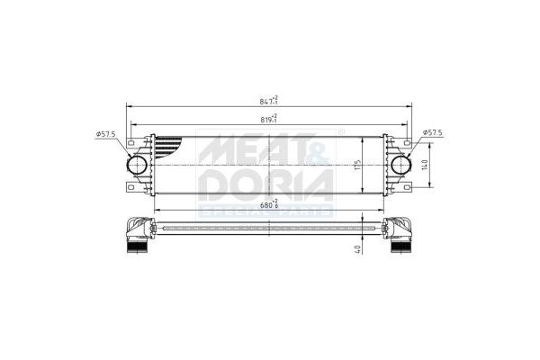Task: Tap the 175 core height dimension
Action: click(356, 165)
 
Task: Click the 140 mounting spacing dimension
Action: click(424, 165)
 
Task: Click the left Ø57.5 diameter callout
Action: click(107, 135)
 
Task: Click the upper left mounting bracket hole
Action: click(131, 142)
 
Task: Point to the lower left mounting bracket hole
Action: click(131, 188)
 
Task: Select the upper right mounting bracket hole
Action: click(408, 142)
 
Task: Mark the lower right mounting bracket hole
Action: click(408, 188)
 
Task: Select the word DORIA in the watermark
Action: click(265, 184)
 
